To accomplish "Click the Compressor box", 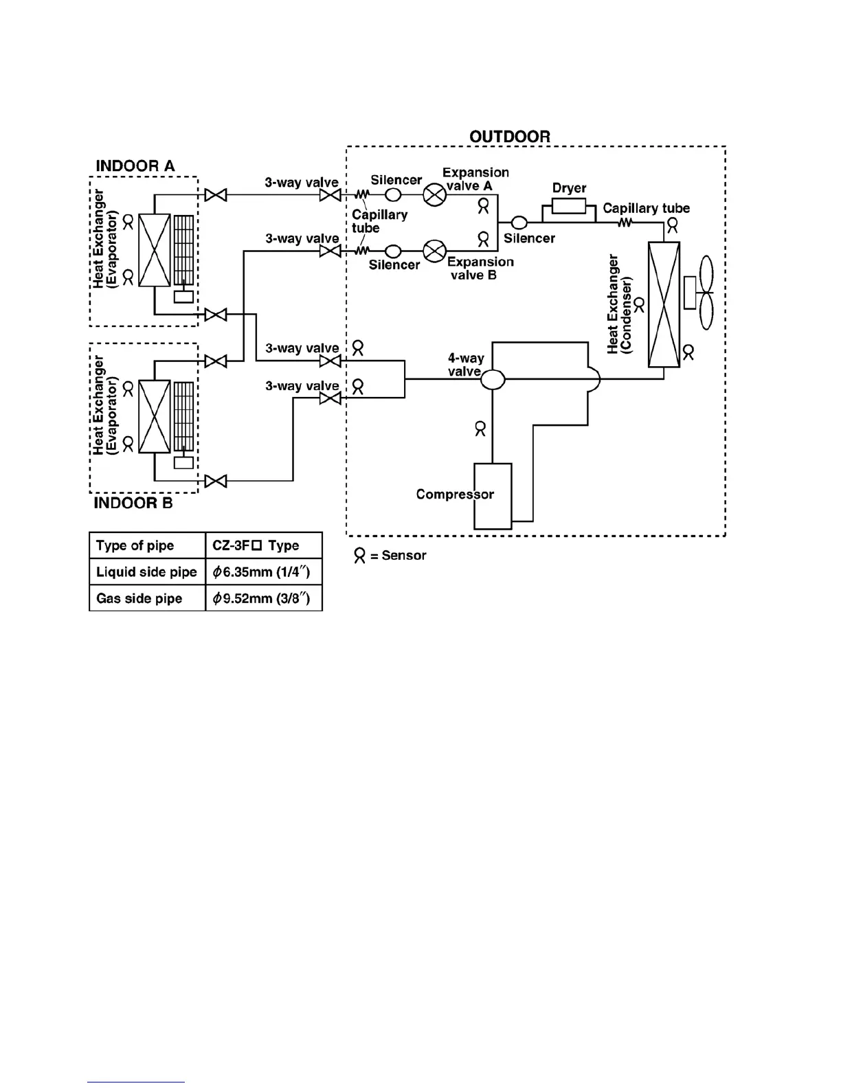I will coord(493,496).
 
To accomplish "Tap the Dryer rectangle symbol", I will coord(569,205).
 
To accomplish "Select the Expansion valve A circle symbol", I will coord(434,195).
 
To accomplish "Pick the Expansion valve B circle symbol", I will coord(434,251).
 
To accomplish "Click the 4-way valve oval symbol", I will coord(493,378).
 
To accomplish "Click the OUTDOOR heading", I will coord(510,137).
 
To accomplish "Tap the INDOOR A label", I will coord(135,166).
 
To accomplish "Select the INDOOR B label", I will coord(133,503).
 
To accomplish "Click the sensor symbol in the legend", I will coord(359,556).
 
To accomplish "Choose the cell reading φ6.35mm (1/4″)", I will coord(264,571).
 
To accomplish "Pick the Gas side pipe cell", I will coord(147,598).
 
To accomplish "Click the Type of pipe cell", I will coord(147,545).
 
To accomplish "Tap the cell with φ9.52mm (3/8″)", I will coord(264,598).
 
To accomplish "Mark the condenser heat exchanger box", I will coord(664,304).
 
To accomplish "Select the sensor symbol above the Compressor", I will coord(480,429).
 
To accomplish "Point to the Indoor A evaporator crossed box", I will coord(155,250).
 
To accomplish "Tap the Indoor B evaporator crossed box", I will coord(155,417).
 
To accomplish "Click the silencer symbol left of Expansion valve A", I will coord(394,195).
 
